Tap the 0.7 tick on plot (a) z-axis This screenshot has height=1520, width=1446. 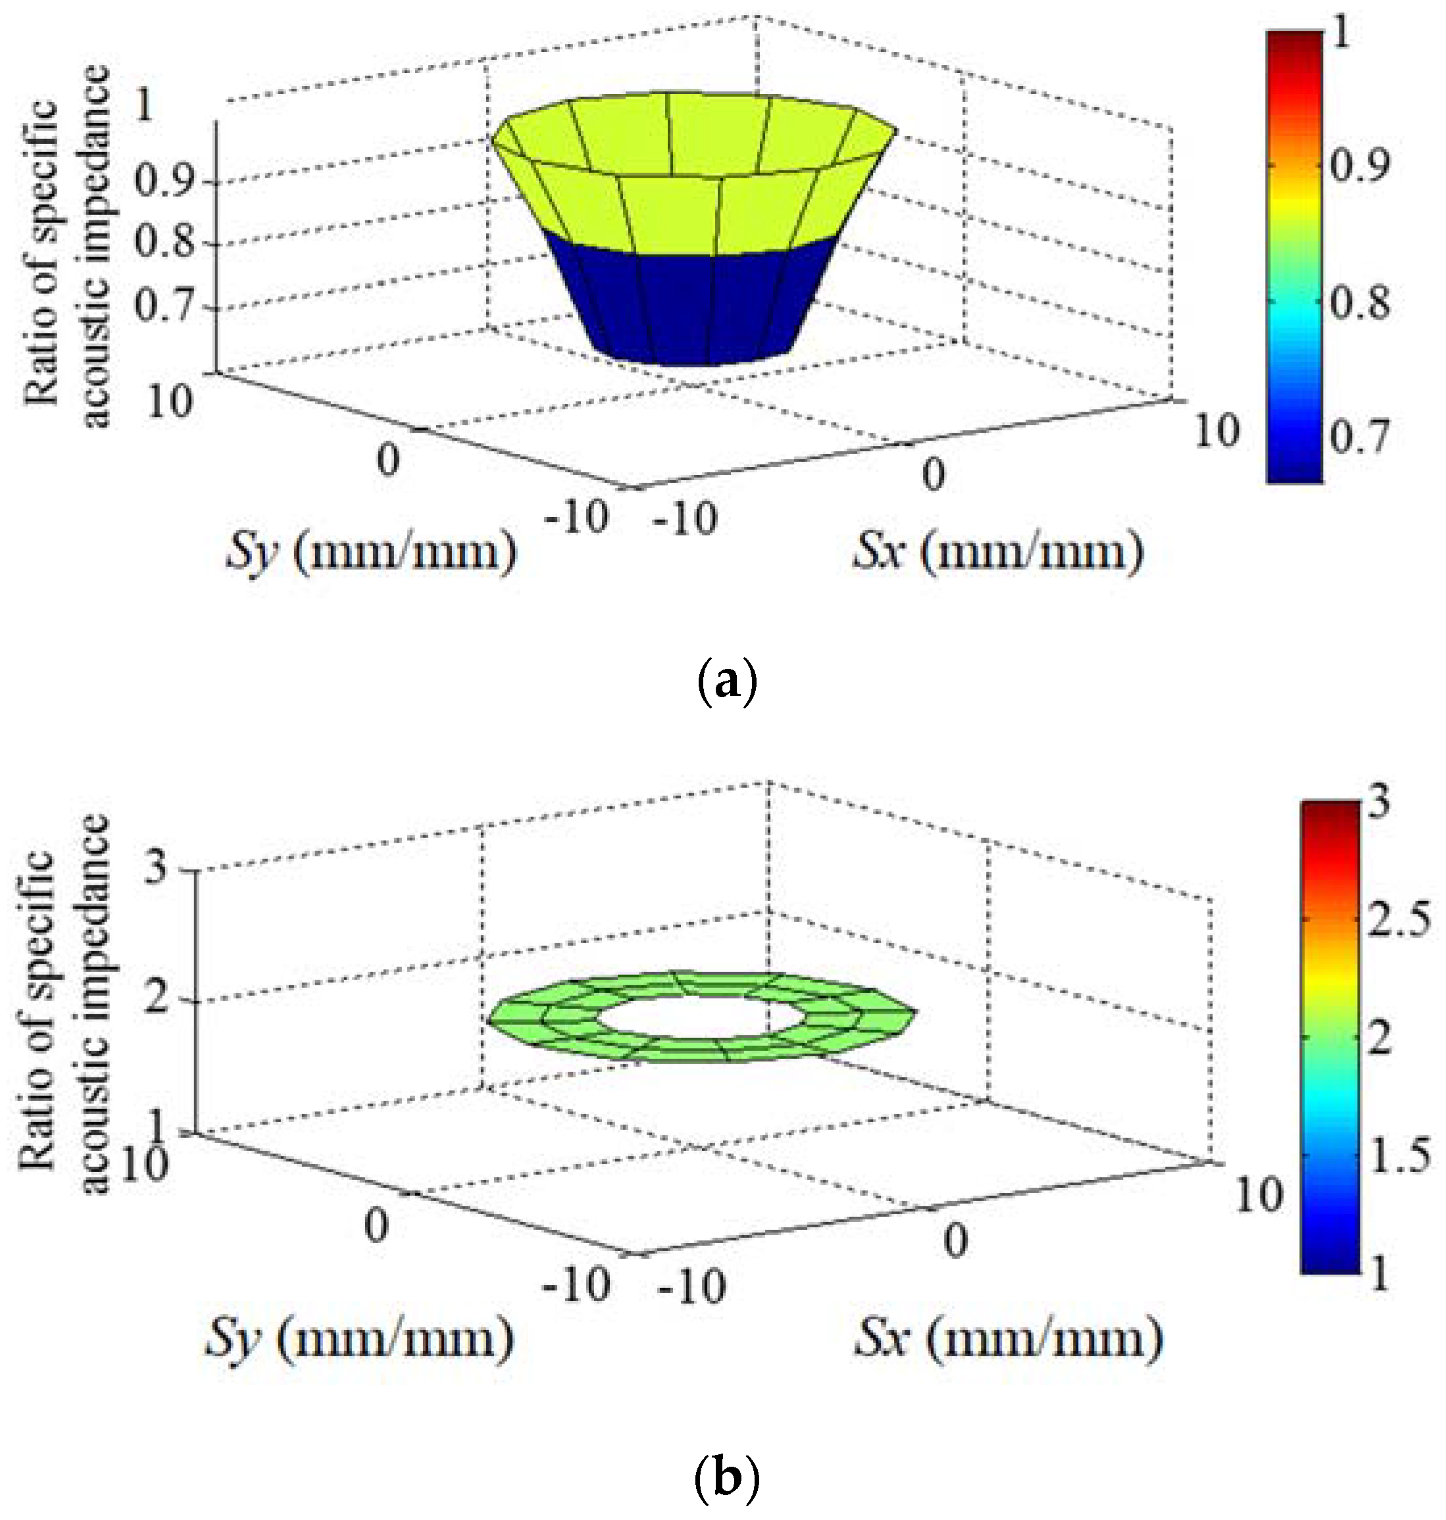[164, 306]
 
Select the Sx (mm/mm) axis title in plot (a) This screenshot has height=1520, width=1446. [998, 552]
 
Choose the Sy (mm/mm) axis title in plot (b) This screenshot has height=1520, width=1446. [359, 1339]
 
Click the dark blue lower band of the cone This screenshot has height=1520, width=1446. [693, 308]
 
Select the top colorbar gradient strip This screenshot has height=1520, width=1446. [1295, 255]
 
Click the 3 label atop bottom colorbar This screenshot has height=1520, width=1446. [1380, 802]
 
